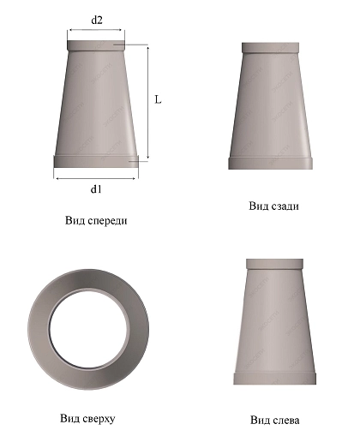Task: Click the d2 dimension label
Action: point(97,21)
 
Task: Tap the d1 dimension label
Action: point(96,189)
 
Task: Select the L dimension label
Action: point(158,99)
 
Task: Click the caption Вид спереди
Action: point(96,221)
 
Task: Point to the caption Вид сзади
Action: point(274,206)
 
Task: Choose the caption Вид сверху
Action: point(87,419)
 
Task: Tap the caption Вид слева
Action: point(275,421)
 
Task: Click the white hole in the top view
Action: point(88,329)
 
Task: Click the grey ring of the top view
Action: point(39,329)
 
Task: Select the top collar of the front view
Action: point(96,45)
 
